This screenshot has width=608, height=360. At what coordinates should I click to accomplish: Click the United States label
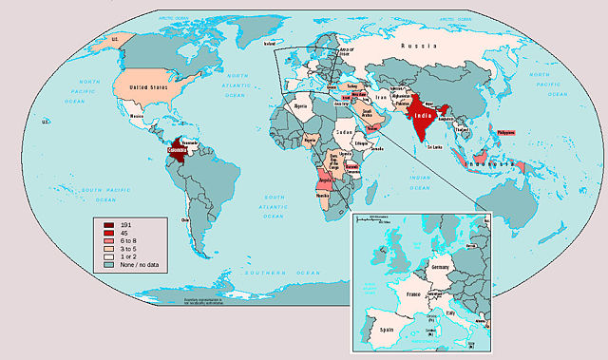(141, 86)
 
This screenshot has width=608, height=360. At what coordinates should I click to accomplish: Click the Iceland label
(268, 44)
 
